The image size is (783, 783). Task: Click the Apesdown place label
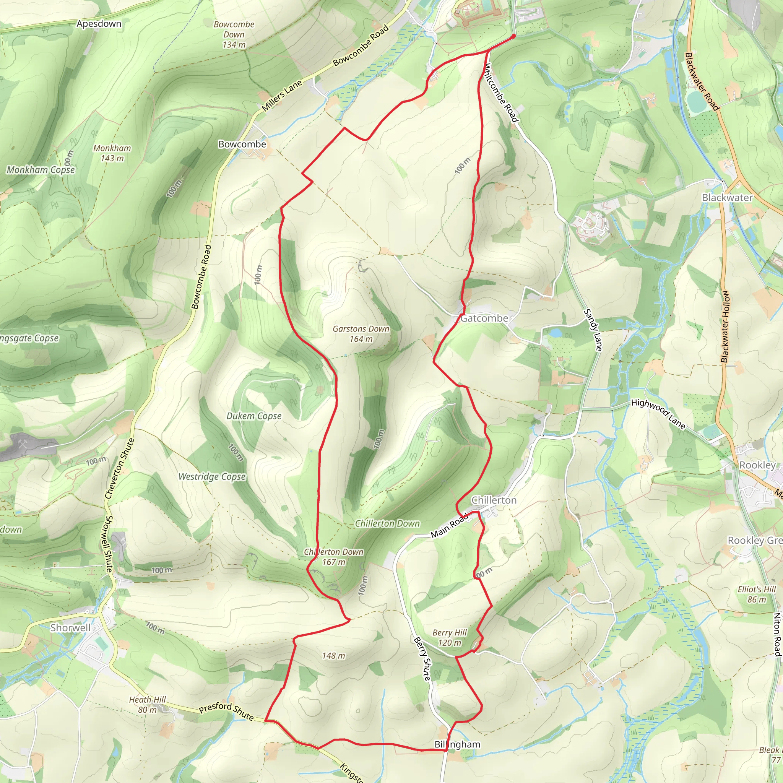pos(99,24)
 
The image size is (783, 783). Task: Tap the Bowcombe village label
pos(242,144)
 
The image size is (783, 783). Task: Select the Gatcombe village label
pos(484,318)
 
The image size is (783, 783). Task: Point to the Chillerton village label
pos(494,500)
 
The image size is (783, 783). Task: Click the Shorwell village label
pos(70,628)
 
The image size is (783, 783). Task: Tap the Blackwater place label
pos(727,197)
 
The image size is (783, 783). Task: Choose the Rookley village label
pos(757,465)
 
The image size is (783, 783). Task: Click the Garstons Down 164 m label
pos(361,333)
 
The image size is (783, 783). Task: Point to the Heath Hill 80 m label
pos(148,704)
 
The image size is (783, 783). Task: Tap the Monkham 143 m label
pos(112,153)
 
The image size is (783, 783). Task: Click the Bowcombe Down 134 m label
pos(234,34)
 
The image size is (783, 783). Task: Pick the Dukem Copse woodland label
pos(254,416)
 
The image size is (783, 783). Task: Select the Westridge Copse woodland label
pos(212,477)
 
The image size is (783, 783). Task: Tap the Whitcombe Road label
pos(501,93)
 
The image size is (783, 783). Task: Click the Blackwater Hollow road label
pos(725,327)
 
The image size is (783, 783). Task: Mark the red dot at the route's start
pos(513,36)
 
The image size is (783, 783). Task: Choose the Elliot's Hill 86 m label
pos(756,594)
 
